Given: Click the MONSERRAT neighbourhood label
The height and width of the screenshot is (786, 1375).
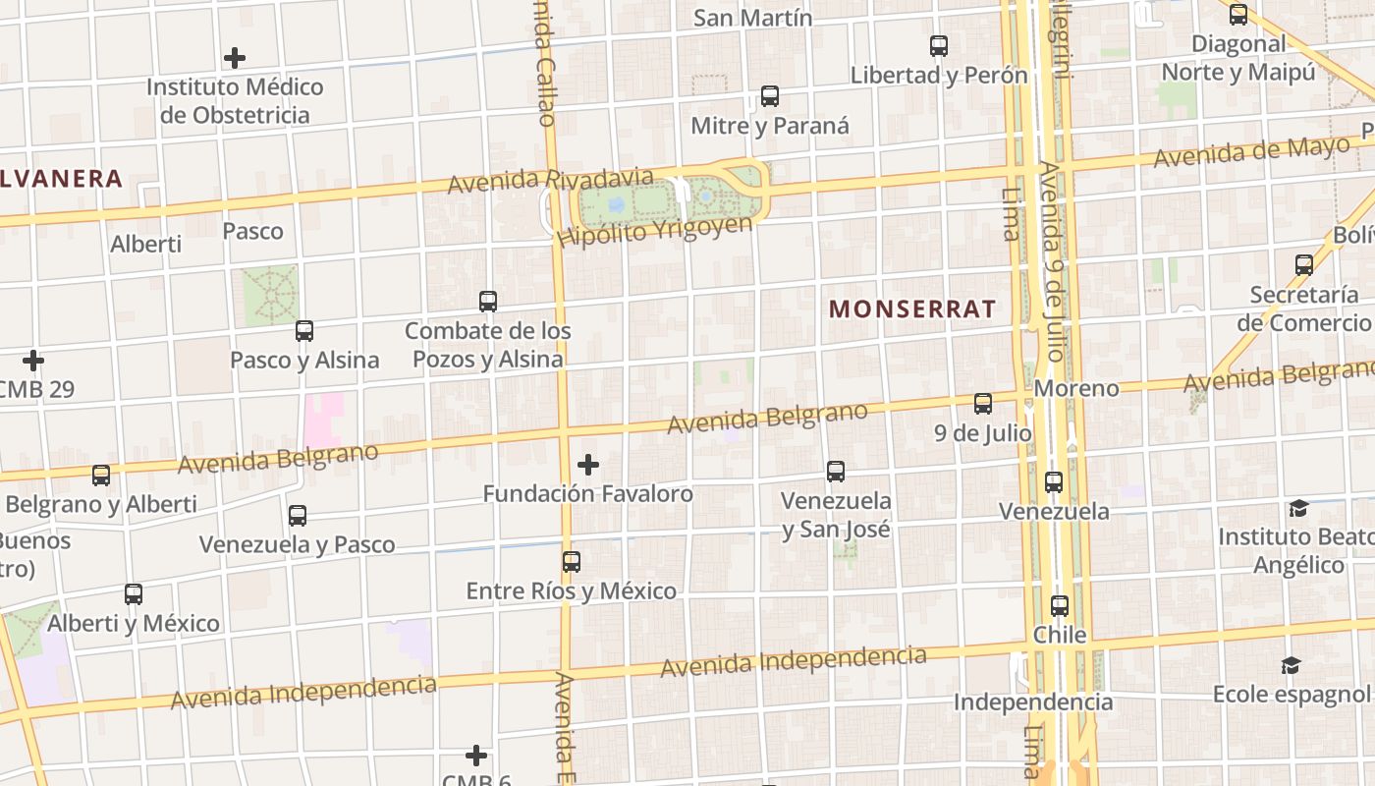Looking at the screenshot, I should pyautogui.click(x=912, y=309).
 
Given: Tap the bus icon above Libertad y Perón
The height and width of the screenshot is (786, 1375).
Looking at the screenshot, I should pyautogui.click(x=939, y=45).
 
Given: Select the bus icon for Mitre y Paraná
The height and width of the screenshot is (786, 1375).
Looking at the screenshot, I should pyautogui.click(x=770, y=96).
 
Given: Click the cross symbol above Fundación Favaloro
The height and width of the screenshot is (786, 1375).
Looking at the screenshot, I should pyautogui.click(x=588, y=464).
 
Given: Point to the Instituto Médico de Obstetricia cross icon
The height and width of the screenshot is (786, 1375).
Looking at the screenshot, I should pyautogui.click(x=235, y=58).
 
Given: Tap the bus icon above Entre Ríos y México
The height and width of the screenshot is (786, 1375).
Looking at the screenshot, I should pyautogui.click(x=572, y=562).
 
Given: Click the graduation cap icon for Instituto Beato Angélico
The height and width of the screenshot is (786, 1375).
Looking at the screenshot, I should pyautogui.click(x=1298, y=508).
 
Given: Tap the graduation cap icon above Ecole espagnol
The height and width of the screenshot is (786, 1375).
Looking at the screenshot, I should pyautogui.click(x=1291, y=666).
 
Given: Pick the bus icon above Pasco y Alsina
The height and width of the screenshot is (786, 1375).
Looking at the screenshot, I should pyautogui.click(x=304, y=331).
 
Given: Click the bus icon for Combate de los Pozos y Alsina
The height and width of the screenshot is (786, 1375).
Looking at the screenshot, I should pyautogui.click(x=488, y=302).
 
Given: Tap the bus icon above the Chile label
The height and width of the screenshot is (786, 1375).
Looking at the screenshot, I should pyautogui.click(x=1060, y=606).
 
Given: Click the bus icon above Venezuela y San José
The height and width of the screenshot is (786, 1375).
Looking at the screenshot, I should pyautogui.click(x=836, y=472).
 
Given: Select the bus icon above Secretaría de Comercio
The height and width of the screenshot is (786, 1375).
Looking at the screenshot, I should pyautogui.click(x=1304, y=265).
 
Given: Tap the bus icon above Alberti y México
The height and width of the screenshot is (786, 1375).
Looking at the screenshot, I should pyautogui.click(x=134, y=594).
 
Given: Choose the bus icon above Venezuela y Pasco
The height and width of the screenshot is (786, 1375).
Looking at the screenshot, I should pyautogui.click(x=298, y=516).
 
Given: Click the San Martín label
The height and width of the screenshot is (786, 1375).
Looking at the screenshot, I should pyautogui.click(x=752, y=18).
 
